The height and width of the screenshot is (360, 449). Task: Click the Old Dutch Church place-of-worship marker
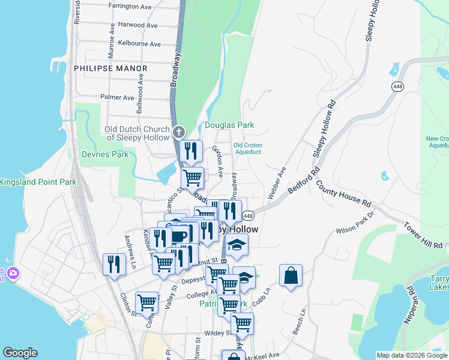coord(178,133)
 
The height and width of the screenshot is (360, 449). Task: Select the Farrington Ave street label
coord(130,6)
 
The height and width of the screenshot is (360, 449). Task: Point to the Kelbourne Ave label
coord(139,44)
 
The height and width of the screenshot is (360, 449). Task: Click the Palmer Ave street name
coord(117,97)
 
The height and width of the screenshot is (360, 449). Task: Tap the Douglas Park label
coord(229,125)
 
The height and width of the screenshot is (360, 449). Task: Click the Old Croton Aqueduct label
coord(247,148)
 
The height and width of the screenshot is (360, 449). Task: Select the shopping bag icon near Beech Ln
coord(291,276)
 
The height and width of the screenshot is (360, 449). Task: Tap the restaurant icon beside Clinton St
coord(113,265)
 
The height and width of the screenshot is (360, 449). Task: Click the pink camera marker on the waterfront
coord(13,274)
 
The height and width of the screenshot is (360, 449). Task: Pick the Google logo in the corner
coord(20,353)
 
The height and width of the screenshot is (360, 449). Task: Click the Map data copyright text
coord(411,355)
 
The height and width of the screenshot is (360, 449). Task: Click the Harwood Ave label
coord(138,25)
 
